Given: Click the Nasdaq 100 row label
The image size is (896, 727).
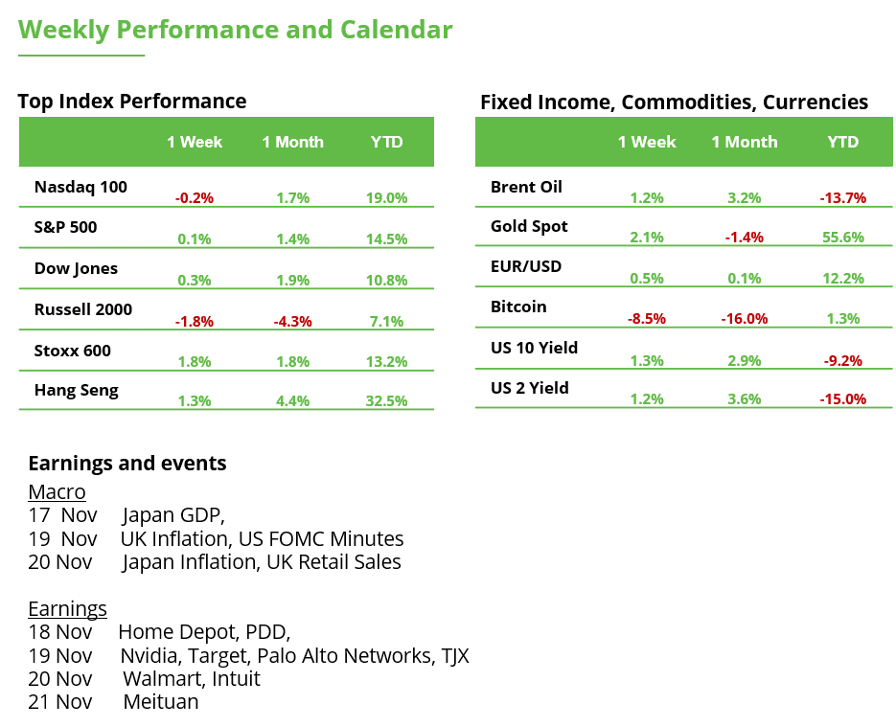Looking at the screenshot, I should click(x=80, y=187).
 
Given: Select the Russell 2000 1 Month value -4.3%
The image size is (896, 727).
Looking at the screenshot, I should click(x=292, y=321).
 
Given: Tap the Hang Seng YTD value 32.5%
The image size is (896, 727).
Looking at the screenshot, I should click(x=386, y=400).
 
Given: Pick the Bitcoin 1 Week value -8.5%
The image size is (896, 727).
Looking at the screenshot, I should click(x=647, y=318).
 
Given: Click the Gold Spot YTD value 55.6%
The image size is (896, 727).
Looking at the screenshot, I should click(x=842, y=238).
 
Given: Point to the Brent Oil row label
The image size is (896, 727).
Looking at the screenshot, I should click(x=526, y=187).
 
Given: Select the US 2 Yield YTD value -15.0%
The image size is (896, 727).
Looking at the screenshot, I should click(x=842, y=398).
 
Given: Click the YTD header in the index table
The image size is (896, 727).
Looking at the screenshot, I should click(x=386, y=142).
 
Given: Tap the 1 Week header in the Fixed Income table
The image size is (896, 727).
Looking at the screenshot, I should click(x=647, y=142).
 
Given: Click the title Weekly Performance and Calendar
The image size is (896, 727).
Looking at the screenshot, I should click(x=235, y=30).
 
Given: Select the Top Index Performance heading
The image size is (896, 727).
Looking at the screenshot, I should click(x=132, y=102).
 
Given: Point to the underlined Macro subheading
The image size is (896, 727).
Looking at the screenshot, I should click(x=57, y=492).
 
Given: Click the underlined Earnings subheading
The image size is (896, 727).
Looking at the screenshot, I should click(x=67, y=609).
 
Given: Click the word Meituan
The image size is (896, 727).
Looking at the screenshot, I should click(x=161, y=702).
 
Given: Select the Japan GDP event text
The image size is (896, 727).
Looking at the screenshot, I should click(x=173, y=515).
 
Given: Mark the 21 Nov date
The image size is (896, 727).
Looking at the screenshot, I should click(x=60, y=702).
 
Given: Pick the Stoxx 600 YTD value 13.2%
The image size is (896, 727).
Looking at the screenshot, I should click(x=386, y=361).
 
